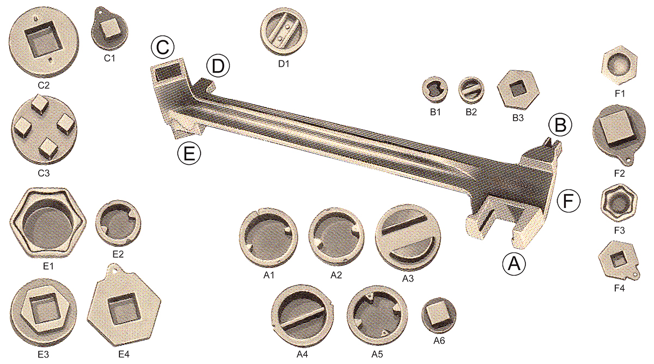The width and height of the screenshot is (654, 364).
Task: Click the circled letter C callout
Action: [x=162, y=47]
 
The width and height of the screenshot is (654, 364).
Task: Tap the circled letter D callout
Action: [x=218, y=67]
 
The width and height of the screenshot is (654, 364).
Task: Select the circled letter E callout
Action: [x=189, y=153]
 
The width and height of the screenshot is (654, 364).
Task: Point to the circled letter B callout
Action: [x=560, y=125]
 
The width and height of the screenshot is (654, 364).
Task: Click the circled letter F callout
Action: [x=568, y=201]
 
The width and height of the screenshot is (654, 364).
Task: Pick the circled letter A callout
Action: [x=514, y=264]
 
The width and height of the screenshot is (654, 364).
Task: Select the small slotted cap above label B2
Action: [x=471, y=90]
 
